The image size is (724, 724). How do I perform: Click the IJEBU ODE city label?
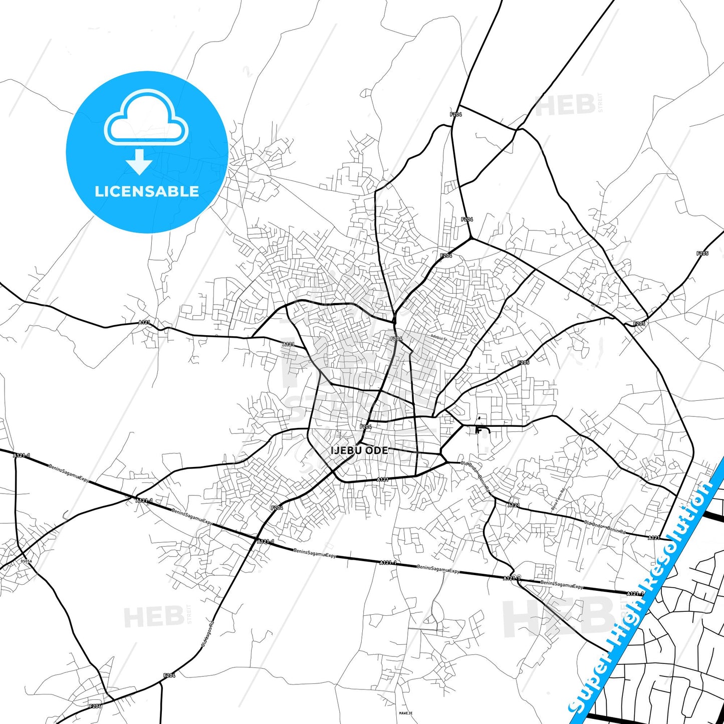point(359,450)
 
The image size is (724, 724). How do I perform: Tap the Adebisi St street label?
point(438,339)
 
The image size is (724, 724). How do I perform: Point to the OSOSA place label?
point(26,561)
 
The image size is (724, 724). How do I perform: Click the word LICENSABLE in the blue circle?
point(147,191)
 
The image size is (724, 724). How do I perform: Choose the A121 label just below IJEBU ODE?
point(382,479)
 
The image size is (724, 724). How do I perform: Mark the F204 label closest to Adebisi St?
point(396,339)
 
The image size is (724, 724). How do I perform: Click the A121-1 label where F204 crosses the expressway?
point(265,541)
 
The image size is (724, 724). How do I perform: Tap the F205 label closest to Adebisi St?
point(523,362)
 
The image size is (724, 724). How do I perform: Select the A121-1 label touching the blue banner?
point(635,594)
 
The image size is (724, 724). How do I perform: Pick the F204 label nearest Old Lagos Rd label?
point(169,675)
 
